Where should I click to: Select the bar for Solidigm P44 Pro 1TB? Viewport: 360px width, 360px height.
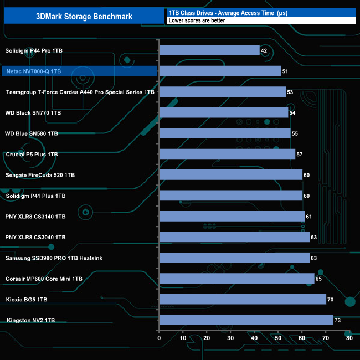click(209, 50)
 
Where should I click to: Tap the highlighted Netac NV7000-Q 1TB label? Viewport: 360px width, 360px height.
click(42, 71)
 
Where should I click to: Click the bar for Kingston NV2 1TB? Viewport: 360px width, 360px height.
click(246, 320)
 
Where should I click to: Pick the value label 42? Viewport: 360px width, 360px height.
click(264, 50)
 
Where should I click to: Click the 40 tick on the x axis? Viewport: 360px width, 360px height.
click(254, 338)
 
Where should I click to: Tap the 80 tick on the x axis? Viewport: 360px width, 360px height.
click(349, 338)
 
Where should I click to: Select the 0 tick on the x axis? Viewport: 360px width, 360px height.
click(160, 338)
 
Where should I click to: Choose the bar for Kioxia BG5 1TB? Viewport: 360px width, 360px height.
click(243, 300)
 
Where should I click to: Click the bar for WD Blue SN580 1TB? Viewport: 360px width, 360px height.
click(225, 133)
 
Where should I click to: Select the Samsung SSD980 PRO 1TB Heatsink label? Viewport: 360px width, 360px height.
click(54, 258)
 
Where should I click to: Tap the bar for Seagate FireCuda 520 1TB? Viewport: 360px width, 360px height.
click(231, 175)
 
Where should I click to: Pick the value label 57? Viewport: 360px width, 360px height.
click(300, 154)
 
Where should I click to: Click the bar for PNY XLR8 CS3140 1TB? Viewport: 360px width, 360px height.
click(232, 217)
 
